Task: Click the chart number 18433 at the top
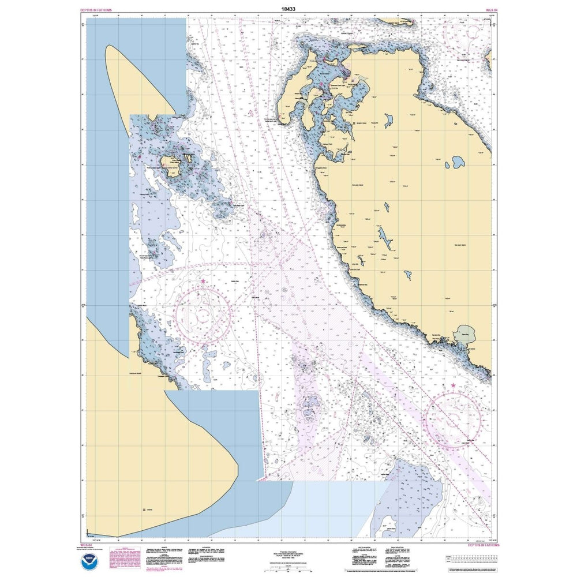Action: [288, 9]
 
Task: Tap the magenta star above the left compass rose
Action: [203, 281]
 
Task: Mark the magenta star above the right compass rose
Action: [453, 385]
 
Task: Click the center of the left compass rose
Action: [204, 315]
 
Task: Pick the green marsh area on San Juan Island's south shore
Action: [466, 334]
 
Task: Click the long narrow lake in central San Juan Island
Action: [384, 237]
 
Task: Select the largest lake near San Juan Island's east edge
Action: [459, 162]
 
